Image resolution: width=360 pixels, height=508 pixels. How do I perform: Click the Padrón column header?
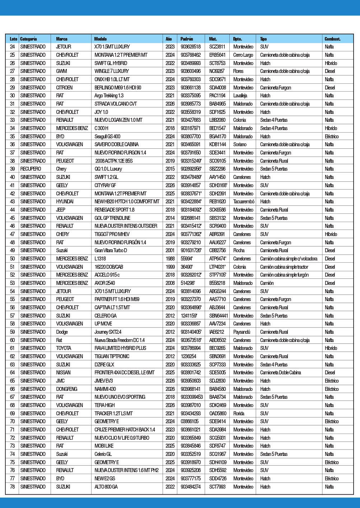(x=186, y=39)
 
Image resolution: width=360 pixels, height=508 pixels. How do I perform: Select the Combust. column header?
(x=332, y=39)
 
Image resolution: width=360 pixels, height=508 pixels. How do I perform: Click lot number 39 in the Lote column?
(x=13, y=169)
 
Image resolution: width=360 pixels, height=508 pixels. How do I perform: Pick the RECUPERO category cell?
(x=31, y=169)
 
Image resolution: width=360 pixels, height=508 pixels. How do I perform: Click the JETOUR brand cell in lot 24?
(x=64, y=47)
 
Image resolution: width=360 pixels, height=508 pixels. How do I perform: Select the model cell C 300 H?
(x=101, y=128)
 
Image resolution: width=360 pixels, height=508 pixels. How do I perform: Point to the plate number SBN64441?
(x=219, y=316)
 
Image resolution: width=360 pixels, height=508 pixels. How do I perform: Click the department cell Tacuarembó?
(x=244, y=202)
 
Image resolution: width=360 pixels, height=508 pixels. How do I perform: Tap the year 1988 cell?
(x=170, y=259)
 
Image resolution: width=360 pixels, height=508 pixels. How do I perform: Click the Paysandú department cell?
(x=242, y=332)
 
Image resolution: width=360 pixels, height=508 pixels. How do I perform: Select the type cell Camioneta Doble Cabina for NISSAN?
(x=280, y=373)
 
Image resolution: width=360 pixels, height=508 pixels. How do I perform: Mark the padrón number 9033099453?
(x=192, y=397)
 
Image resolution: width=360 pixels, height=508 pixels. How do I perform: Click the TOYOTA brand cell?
(x=64, y=348)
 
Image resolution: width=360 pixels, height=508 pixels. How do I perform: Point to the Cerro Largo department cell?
(x=243, y=55)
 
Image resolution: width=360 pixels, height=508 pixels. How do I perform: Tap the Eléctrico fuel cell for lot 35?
(x=332, y=137)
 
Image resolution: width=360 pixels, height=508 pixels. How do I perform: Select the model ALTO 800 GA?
(x=106, y=487)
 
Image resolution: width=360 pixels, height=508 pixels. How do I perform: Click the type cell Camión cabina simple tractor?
(x=284, y=267)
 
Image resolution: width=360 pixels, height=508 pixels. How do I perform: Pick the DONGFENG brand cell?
(x=67, y=389)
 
